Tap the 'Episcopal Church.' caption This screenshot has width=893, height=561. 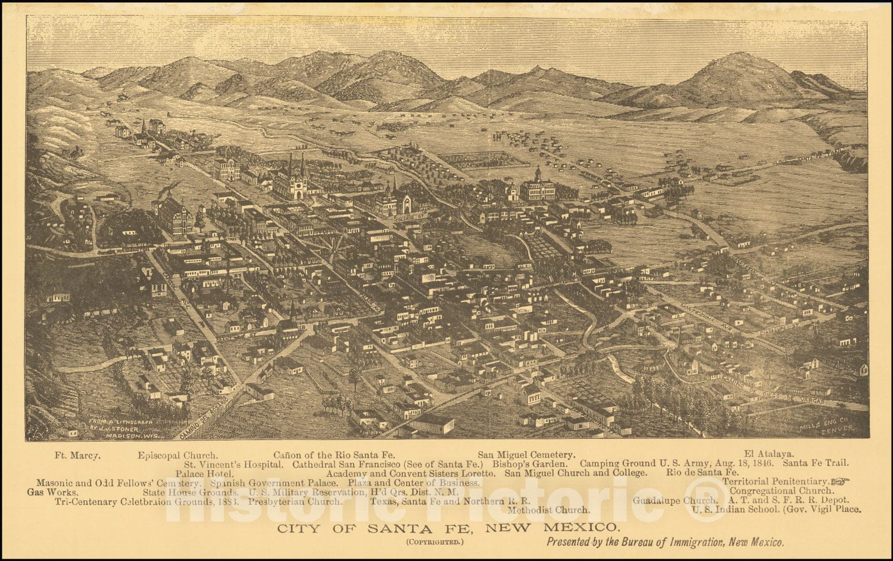tap(177, 455)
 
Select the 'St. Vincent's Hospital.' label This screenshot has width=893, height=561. tap(233, 463)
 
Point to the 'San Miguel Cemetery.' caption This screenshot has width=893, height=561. tap(526, 455)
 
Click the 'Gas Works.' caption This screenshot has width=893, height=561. tap(51, 492)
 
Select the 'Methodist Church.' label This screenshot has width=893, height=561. tap(548, 510)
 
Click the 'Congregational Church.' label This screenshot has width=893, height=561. tap(782, 491)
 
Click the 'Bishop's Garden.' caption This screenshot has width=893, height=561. tap(530, 463)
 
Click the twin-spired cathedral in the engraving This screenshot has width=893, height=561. tap(296, 177)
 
